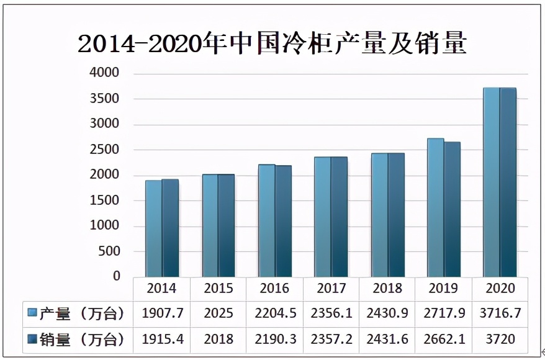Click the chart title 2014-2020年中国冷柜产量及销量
click(272, 44)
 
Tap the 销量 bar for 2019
click(453, 209)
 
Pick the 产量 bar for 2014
click(154, 228)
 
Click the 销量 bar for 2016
click(284, 221)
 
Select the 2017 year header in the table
click(331, 289)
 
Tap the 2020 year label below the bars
click(500, 289)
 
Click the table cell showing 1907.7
click(162, 313)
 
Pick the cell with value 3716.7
click(500, 313)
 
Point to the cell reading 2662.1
click(444, 340)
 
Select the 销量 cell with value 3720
click(500, 340)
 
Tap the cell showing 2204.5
click(275, 313)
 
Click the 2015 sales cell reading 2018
click(218, 340)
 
